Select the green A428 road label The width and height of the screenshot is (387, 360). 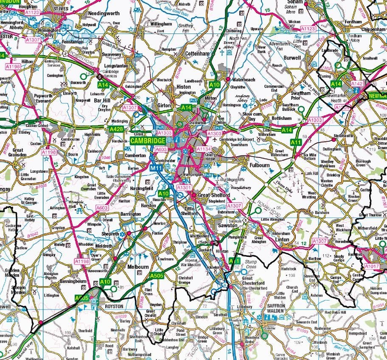pyautogui.click(x=116, y=129)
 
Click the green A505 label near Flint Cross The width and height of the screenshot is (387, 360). pyautogui.click(x=156, y=276)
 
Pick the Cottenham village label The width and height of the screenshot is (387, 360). pyautogui.click(x=197, y=54)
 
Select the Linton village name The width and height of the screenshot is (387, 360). pyautogui.click(x=282, y=239)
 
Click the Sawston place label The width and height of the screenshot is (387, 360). pyautogui.click(x=227, y=226)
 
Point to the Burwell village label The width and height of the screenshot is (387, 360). pyautogui.click(x=292, y=57)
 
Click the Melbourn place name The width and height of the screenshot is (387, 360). pyautogui.click(x=138, y=267)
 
